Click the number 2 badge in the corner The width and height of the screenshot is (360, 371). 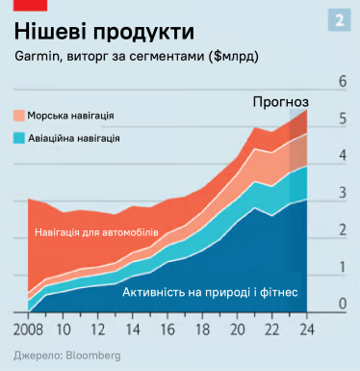339,20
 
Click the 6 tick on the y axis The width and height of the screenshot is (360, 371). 343,82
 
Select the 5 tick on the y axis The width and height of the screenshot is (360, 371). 343,119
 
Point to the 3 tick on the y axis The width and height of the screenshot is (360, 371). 343,194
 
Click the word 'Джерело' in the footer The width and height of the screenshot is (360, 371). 34,356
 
